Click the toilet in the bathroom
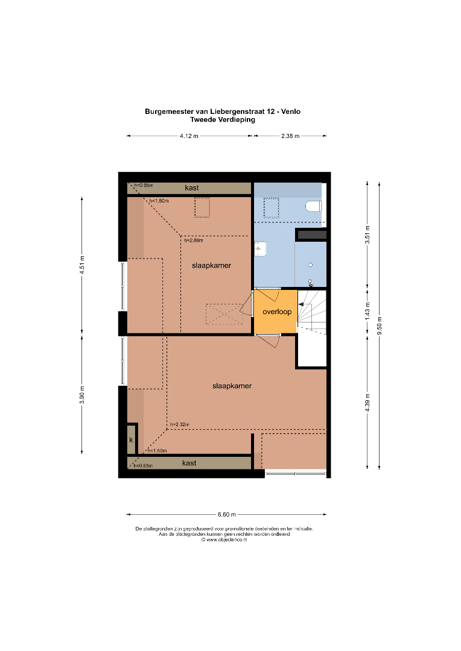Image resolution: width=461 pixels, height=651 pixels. pyautogui.click(x=314, y=206)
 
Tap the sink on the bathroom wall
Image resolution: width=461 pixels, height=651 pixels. pyautogui.click(x=260, y=249)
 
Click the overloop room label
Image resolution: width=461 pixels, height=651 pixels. pyautogui.click(x=277, y=312)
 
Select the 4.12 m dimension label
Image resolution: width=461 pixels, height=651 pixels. pyautogui.click(x=189, y=136)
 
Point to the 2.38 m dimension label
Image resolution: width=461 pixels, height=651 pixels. pyautogui.click(x=290, y=136)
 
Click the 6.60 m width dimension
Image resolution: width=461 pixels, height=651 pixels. pyautogui.click(x=226, y=514)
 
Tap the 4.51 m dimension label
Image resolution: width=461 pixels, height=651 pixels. pyautogui.click(x=82, y=265)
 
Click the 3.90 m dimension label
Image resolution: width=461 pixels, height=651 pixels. pyautogui.click(x=82, y=395)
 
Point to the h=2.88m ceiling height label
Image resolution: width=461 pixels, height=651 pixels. pyautogui.click(x=194, y=240)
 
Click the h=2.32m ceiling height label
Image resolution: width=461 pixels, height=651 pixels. pyautogui.click(x=180, y=424)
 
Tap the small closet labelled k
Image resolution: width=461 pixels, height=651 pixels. pyautogui.click(x=132, y=439)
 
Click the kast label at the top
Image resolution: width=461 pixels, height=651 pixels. pyautogui.click(x=192, y=187)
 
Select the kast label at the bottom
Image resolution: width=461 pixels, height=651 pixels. pyautogui.click(x=189, y=463)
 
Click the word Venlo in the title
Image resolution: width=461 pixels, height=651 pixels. pyautogui.click(x=291, y=112)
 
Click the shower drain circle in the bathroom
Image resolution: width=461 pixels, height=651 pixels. pyautogui.click(x=311, y=265)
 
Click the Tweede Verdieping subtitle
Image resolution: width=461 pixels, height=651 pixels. pyautogui.click(x=223, y=119)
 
